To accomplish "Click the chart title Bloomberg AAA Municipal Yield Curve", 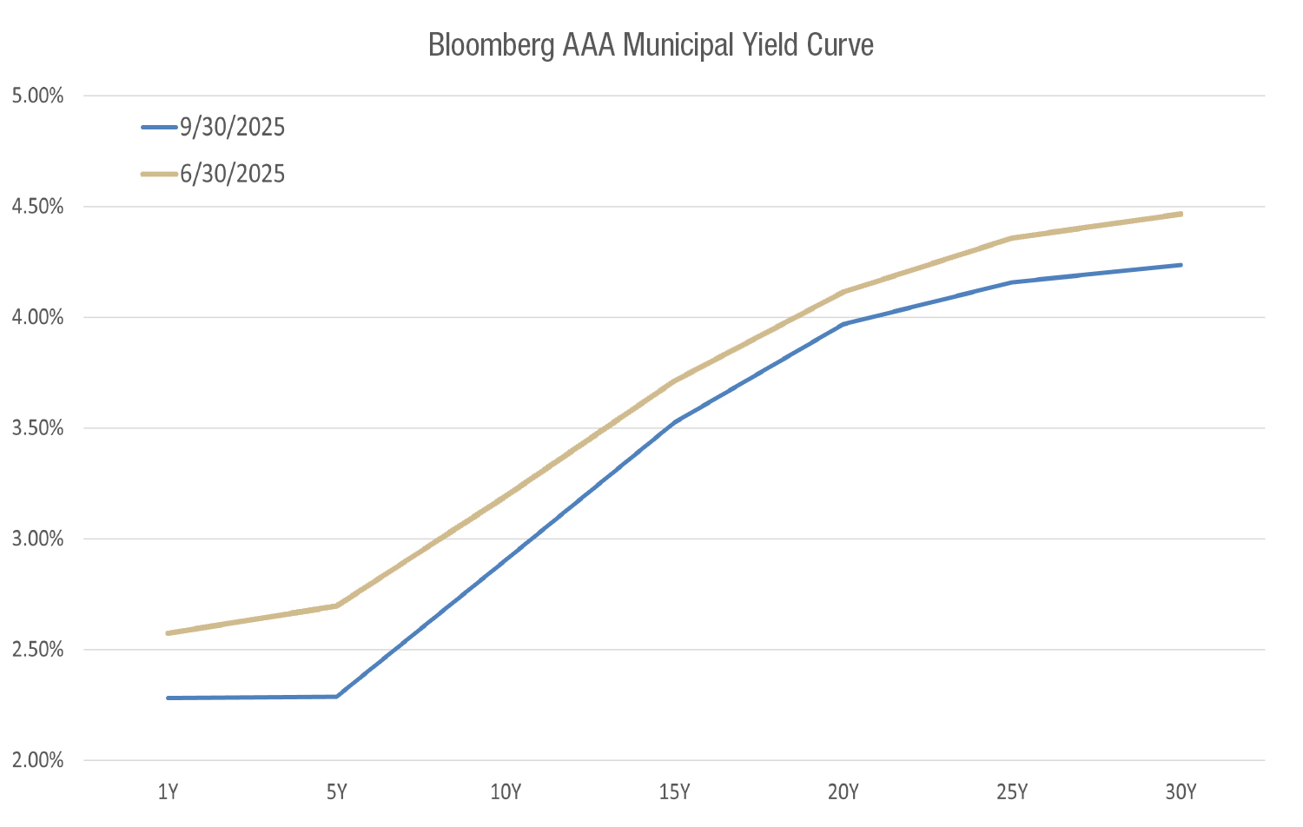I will pos(651,45).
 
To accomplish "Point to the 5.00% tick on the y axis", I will pos(38,96).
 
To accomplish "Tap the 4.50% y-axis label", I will pos(38,207).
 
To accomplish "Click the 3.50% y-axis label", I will pos(38,428).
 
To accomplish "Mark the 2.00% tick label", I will pos(38,761).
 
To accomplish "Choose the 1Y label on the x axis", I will pos(168,792).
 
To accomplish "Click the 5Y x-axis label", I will pos(336,792).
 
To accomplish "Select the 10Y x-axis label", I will pos(506,792).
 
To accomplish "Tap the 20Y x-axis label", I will pos(843,792).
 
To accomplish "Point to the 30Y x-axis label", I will pos(1181,792).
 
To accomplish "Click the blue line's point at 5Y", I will pos(336,697).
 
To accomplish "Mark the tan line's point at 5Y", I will pos(336,605).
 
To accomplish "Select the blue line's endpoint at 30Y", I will pos(1181,265).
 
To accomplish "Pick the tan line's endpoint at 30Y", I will pos(1181,214).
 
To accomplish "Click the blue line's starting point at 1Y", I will pos(168,698).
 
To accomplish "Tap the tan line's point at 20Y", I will pos(843,293).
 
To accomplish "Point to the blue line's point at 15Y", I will pos(674,422).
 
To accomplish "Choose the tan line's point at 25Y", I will pos(1012,238).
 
